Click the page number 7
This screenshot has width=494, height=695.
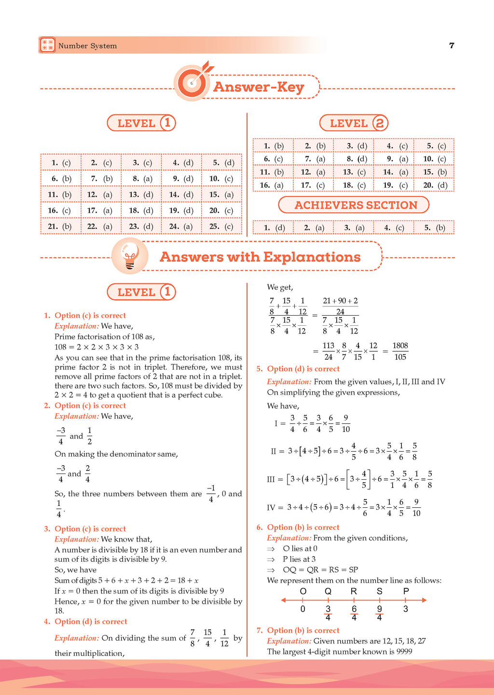coord(452,45)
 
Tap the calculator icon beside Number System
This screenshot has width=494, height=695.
coord(47,45)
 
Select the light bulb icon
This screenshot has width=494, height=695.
coord(130,256)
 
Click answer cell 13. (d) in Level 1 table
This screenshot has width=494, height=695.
coord(141,195)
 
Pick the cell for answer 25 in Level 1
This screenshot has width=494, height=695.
coord(221,226)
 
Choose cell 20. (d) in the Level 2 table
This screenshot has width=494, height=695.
coord(434,185)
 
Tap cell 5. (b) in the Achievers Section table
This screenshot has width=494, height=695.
coord(434,228)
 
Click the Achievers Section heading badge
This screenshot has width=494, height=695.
coord(354,205)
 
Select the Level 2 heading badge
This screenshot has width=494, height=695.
coord(354,124)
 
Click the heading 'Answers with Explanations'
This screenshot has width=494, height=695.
coord(260,257)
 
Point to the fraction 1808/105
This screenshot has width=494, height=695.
coord(400,351)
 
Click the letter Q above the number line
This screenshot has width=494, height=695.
coord(328,591)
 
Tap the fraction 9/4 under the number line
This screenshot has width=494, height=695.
coord(380,613)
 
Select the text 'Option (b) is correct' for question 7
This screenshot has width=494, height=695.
coord(303,630)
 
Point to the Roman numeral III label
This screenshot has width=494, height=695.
coord(271,479)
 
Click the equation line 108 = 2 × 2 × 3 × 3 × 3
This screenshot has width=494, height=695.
coord(96,347)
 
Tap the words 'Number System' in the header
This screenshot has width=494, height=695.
coord(87,46)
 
